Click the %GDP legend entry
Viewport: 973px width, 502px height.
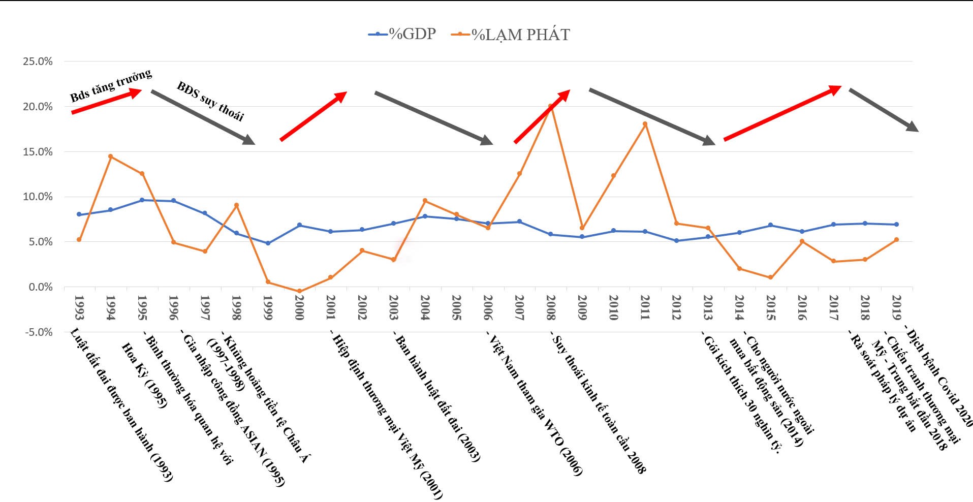(x=402, y=34)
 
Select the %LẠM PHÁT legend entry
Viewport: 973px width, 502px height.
(x=511, y=35)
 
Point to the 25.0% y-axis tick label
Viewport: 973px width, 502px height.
(x=38, y=61)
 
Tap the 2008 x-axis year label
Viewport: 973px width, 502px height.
(x=551, y=307)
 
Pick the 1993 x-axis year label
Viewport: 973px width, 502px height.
(x=79, y=307)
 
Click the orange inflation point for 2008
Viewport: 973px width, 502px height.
(x=550, y=107)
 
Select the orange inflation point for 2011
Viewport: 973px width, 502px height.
(x=645, y=124)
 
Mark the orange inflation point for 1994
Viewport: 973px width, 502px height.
(x=110, y=156)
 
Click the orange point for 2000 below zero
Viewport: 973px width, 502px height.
(x=299, y=291)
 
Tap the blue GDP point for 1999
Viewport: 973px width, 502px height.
(x=268, y=243)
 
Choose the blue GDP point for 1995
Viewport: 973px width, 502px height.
(x=142, y=200)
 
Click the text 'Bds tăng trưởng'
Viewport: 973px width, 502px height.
(x=111, y=85)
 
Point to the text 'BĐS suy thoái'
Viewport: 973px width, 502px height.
(x=210, y=102)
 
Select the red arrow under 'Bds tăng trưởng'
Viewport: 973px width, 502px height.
(x=106, y=101)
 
